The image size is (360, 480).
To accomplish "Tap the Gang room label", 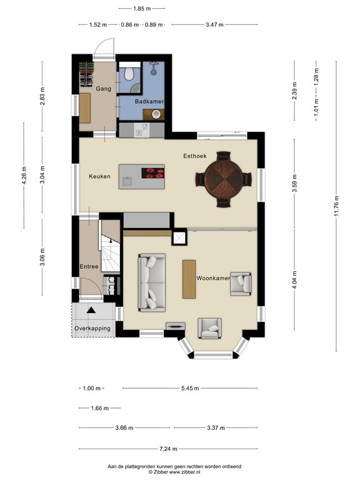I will click(x=103, y=89).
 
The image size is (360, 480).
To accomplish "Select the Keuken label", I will click(x=99, y=176).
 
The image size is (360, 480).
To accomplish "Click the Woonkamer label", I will click(x=213, y=277).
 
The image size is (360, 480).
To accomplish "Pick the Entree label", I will click(x=89, y=267).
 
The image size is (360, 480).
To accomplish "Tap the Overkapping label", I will click(x=92, y=328).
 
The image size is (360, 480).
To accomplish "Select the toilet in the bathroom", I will click(x=129, y=74).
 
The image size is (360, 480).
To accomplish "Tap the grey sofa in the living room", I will click(x=151, y=282).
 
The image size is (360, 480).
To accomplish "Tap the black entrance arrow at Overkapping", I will click(x=91, y=310).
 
